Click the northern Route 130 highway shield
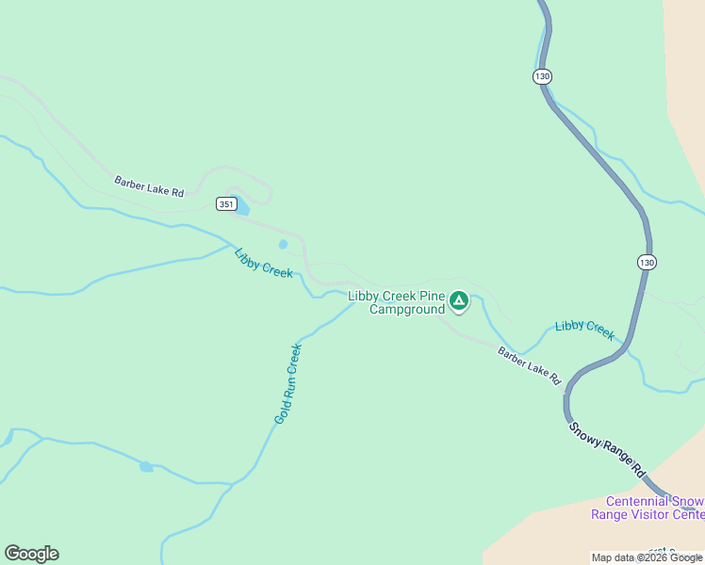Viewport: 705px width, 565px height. (x=541, y=76)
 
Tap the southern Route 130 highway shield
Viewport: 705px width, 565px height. (x=645, y=262)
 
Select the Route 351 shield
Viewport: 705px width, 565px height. (x=224, y=203)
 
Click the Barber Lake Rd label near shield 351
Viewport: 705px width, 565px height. (x=149, y=186)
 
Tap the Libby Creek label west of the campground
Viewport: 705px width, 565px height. (x=264, y=263)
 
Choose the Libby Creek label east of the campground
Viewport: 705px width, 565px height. (x=584, y=330)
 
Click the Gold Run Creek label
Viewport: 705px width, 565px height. (x=288, y=382)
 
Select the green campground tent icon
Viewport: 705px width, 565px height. (x=459, y=300)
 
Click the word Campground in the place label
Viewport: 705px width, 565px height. (x=406, y=309)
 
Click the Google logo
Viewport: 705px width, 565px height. (x=31, y=554)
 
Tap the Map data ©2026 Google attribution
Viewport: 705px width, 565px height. (x=647, y=557)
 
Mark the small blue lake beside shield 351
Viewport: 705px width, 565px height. (x=241, y=204)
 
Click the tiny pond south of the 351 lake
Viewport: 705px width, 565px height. (x=283, y=245)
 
